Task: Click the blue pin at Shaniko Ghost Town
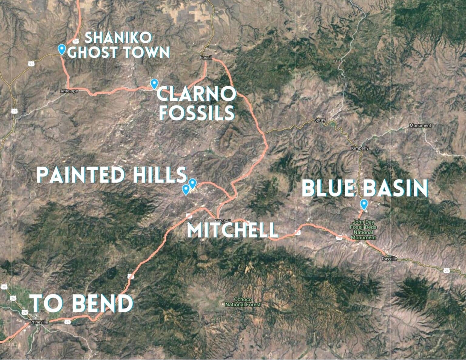[62, 49]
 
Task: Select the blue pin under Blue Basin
[364, 204]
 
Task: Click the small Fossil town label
[206, 58]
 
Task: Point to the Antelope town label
[69, 91]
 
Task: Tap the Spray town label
[320, 120]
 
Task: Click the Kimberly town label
[360, 148]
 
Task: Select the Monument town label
[420, 125]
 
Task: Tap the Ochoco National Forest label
[243, 302]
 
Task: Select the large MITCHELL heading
[232, 230]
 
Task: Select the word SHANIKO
[118, 38]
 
